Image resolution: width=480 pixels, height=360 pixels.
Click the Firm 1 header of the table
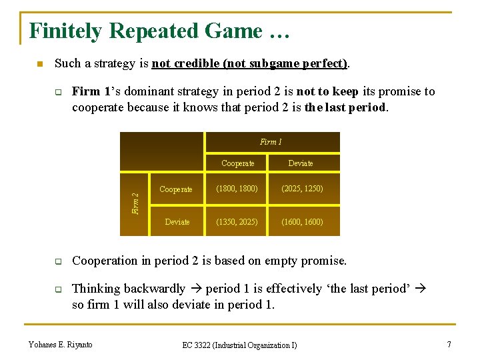[x=271, y=142]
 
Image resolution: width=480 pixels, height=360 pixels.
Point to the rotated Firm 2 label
[x=135, y=203]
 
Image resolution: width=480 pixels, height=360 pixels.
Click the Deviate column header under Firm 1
[x=301, y=163]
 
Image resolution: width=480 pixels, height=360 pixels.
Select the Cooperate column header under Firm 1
[x=238, y=163]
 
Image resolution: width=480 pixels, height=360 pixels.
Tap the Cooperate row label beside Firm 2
[x=176, y=189]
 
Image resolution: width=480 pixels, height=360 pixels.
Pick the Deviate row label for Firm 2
[x=177, y=222]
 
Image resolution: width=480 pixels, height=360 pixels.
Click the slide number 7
[x=449, y=344]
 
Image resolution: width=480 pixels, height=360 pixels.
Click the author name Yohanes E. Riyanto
[x=61, y=344]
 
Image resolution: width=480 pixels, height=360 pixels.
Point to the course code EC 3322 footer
[x=239, y=345]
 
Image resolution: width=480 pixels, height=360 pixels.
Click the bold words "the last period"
[x=345, y=107]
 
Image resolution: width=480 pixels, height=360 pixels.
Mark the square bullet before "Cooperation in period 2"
[x=58, y=261]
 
